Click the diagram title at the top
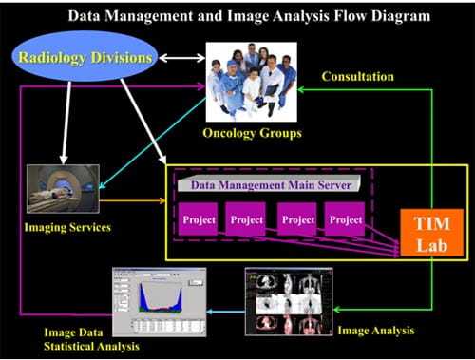click(x=237, y=15)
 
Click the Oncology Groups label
click(x=253, y=133)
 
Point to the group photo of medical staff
click(x=252, y=82)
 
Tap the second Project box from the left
click(x=246, y=220)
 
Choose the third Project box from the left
click(x=296, y=220)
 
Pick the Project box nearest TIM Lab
click(x=343, y=220)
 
